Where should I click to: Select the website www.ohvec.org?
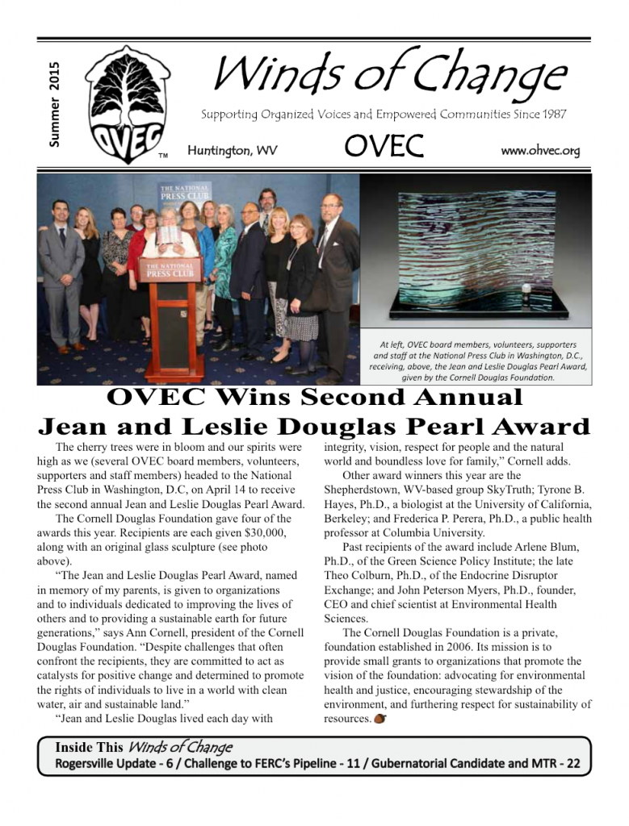pyautogui.click(x=540, y=151)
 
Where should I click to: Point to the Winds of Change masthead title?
pyautogui.click(x=389, y=74)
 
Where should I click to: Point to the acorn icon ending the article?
pyautogui.click(x=379, y=719)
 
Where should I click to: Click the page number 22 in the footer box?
pyautogui.click(x=572, y=763)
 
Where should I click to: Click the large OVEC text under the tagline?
pyautogui.click(x=384, y=147)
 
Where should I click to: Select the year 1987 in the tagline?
pyautogui.click(x=551, y=115)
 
